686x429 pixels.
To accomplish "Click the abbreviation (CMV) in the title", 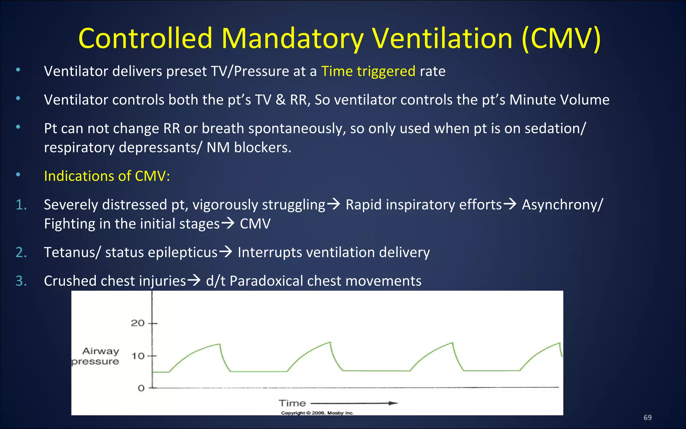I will tap(561, 38).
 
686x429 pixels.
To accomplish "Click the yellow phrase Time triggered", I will tap(368, 71).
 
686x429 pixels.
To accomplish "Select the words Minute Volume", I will tap(559, 100).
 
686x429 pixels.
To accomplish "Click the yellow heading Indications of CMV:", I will tap(107, 176).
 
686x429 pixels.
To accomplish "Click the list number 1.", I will tap(21, 205).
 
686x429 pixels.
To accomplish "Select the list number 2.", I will tap(21, 252).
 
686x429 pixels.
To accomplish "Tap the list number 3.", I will tap(21, 281).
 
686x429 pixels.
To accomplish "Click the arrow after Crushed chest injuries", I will tap(194, 280).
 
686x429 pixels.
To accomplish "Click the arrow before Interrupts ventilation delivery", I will tap(226, 251).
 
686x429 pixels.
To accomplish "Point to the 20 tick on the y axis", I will tap(138, 323).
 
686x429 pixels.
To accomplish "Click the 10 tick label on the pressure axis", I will tap(138, 356).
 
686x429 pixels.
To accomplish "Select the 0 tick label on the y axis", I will tap(141, 388).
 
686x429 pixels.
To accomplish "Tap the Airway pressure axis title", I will tap(96, 356).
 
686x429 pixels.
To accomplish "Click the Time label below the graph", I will tap(292, 403).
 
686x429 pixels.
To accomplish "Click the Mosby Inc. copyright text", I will tap(317, 413).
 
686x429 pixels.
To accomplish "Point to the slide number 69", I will tap(647, 418).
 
